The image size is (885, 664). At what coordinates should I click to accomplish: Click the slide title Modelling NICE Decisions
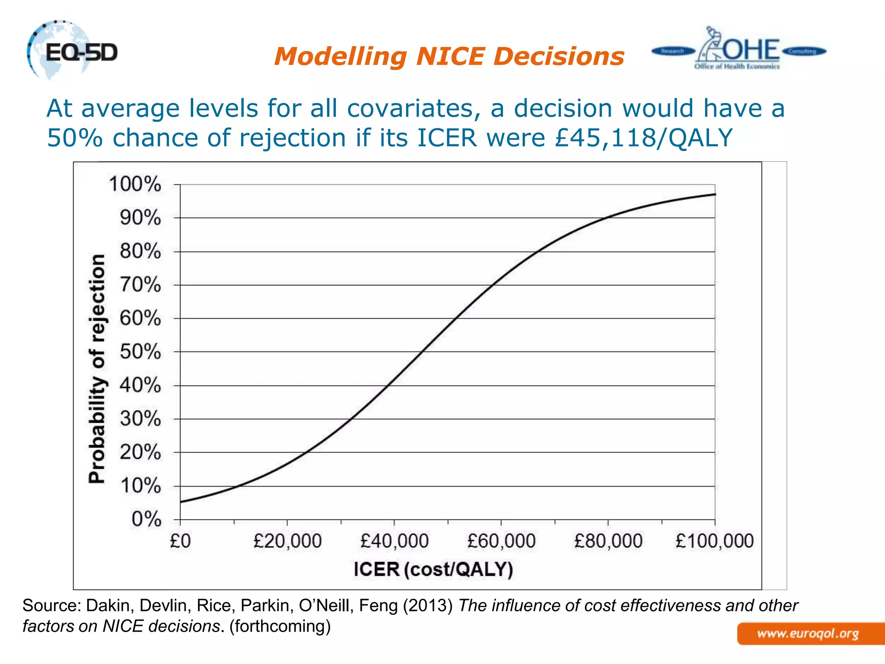[449, 57]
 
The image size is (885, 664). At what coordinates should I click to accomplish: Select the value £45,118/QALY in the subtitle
[643, 138]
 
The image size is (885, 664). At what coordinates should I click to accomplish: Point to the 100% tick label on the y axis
[135, 184]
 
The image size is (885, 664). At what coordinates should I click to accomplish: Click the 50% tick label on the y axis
[140, 351]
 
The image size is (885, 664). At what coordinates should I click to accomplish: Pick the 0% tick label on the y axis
[146, 519]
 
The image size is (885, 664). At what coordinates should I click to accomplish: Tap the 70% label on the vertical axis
[140, 284]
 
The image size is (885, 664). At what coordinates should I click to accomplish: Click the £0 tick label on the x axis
[180, 541]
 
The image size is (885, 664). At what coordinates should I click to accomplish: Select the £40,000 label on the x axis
[394, 541]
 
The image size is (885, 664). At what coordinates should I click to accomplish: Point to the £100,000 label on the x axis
[714, 541]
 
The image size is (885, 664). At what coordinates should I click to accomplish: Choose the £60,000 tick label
[501, 541]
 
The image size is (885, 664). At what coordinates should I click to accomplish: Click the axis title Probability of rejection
[97, 368]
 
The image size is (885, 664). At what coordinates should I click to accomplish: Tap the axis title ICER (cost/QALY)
[433, 569]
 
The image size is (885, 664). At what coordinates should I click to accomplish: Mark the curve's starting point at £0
[181, 502]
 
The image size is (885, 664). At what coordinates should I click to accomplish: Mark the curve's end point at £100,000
[715, 195]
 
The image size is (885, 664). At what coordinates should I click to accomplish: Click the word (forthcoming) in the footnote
[280, 626]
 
